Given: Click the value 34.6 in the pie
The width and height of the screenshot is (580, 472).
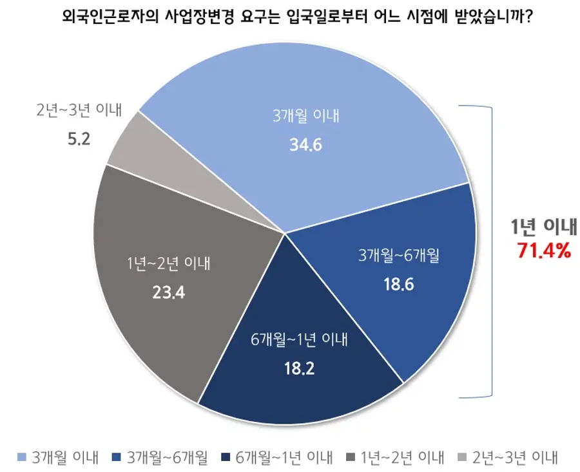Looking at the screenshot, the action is [x=305, y=145].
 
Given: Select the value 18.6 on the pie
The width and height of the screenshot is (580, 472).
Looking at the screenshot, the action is [x=398, y=284].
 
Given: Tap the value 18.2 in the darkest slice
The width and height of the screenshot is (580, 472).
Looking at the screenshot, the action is [x=299, y=368].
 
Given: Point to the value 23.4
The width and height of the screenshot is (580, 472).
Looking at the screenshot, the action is [x=169, y=293].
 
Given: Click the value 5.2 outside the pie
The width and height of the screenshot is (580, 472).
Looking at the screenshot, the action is [x=79, y=139].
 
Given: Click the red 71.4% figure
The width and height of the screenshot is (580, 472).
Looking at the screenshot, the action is [x=544, y=250].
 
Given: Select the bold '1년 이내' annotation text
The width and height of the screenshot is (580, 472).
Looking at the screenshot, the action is [x=544, y=226].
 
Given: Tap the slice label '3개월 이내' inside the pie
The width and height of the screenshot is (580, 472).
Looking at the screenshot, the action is [x=306, y=116].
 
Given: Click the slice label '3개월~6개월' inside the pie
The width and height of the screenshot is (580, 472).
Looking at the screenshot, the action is [x=399, y=255].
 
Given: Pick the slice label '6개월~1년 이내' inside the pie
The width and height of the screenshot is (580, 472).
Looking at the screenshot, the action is [x=299, y=339].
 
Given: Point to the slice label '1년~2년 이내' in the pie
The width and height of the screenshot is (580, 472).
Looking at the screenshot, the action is [x=169, y=264].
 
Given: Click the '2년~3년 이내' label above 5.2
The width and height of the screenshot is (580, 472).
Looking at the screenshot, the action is [x=79, y=110].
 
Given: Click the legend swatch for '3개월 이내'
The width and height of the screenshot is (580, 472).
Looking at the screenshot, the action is [x=22, y=457].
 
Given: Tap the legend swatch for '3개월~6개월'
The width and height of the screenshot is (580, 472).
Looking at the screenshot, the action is [x=117, y=457].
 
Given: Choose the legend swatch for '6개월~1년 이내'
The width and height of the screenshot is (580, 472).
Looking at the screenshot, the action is [x=226, y=457].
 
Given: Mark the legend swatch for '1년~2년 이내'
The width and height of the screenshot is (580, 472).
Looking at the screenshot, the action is [x=351, y=457].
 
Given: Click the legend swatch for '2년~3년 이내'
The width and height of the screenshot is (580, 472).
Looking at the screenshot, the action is [x=462, y=457].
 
